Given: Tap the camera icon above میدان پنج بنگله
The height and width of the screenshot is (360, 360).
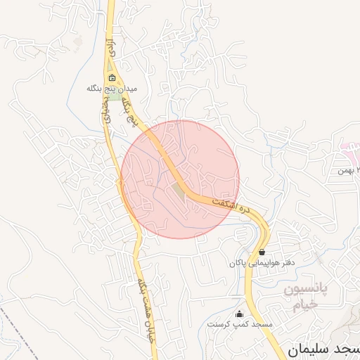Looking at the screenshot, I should tap(112, 78).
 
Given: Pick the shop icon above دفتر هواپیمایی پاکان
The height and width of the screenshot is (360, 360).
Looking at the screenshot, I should tap(262, 252).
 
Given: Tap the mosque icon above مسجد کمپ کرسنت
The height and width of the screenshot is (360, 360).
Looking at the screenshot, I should tap(240, 314).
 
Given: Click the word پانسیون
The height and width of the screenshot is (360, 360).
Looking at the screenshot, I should tap(306, 290).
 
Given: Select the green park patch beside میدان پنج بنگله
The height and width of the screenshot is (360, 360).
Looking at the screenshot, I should tap(113, 96).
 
